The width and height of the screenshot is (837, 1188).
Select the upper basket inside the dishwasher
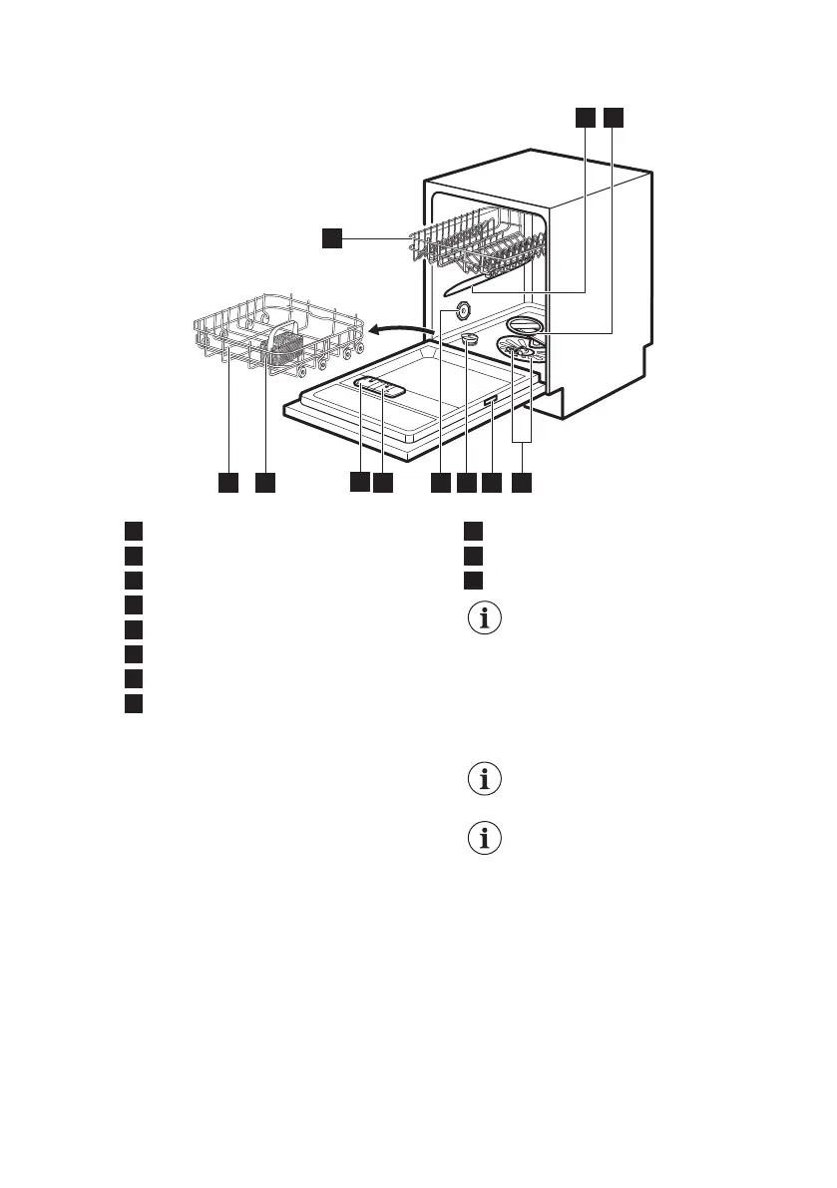(479, 244)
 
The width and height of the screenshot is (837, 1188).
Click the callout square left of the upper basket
(331, 237)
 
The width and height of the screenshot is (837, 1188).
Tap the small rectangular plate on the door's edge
(491, 401)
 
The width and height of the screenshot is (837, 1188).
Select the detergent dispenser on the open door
(379, 388)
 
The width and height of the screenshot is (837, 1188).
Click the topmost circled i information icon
(486, 619)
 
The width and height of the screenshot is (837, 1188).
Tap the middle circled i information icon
(486, 780)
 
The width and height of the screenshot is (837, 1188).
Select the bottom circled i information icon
(486, 840)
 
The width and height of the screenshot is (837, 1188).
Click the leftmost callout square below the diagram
(228, 483)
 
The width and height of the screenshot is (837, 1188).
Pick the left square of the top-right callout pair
(585, 118)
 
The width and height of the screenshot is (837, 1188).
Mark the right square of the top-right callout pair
(612, 118)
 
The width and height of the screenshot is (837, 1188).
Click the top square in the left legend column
(134, 531)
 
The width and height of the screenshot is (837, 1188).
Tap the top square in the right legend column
(473, 531)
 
